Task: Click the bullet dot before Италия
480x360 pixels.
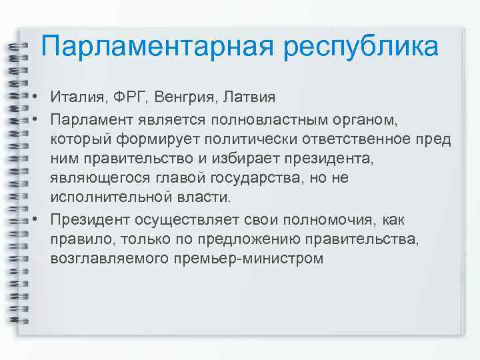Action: pyautogui.click(x=33, y=99)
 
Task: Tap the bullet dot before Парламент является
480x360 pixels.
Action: pyautogui.click(x=33, y=119)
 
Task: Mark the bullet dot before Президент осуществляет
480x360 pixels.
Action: pyautogui.click(x=33, y=219)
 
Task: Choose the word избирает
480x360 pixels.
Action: pyautogui.click(x=259, y=158)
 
